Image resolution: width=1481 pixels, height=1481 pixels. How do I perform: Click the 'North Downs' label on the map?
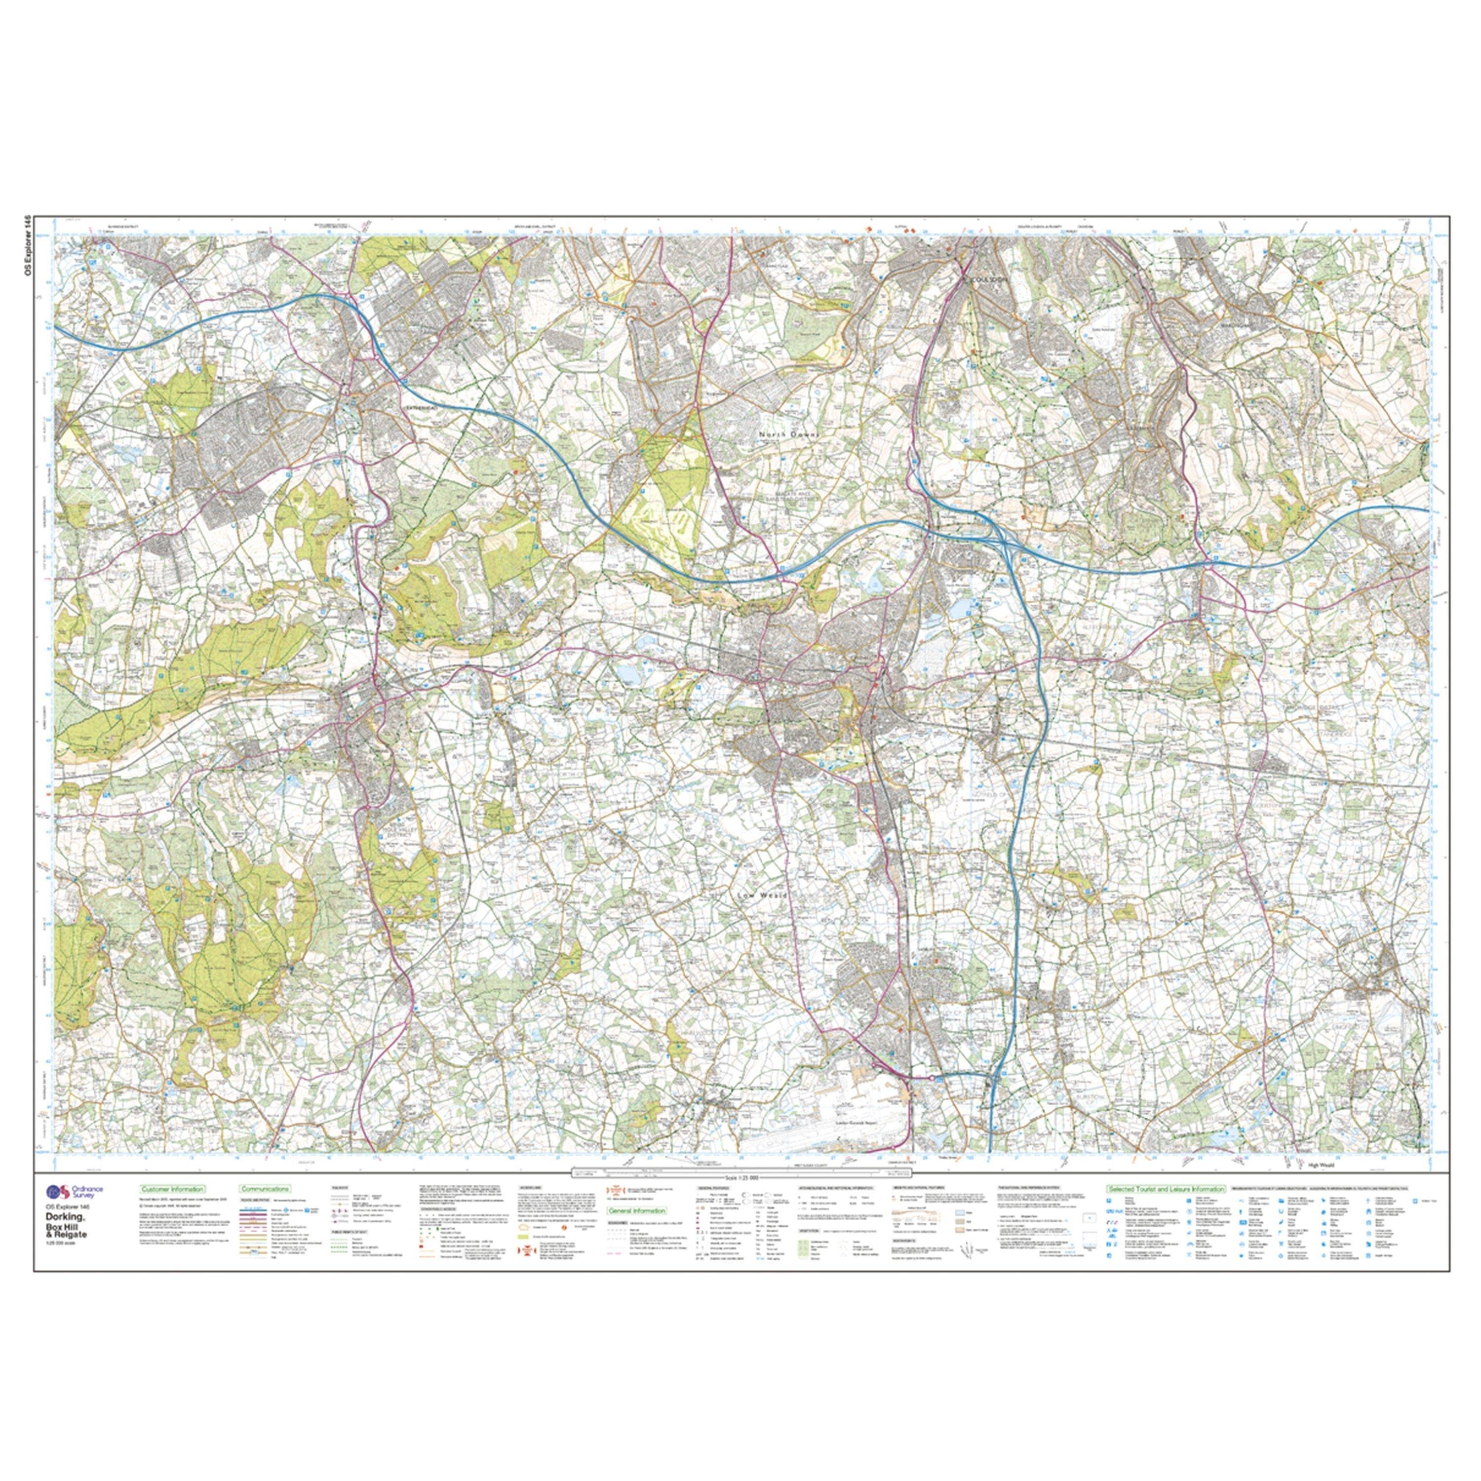coord(789,434)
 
